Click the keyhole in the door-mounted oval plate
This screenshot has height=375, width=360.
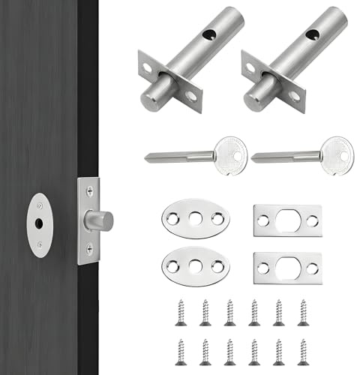pyautogui.click(x=38, y=224)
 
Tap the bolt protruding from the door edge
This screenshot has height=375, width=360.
pyautogui.click(x=100, y=220)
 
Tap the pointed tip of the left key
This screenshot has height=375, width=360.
pyautogui.click(x=146, y=157)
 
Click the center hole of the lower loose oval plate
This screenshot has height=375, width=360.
pyautogui.click(x=195, y=265)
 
